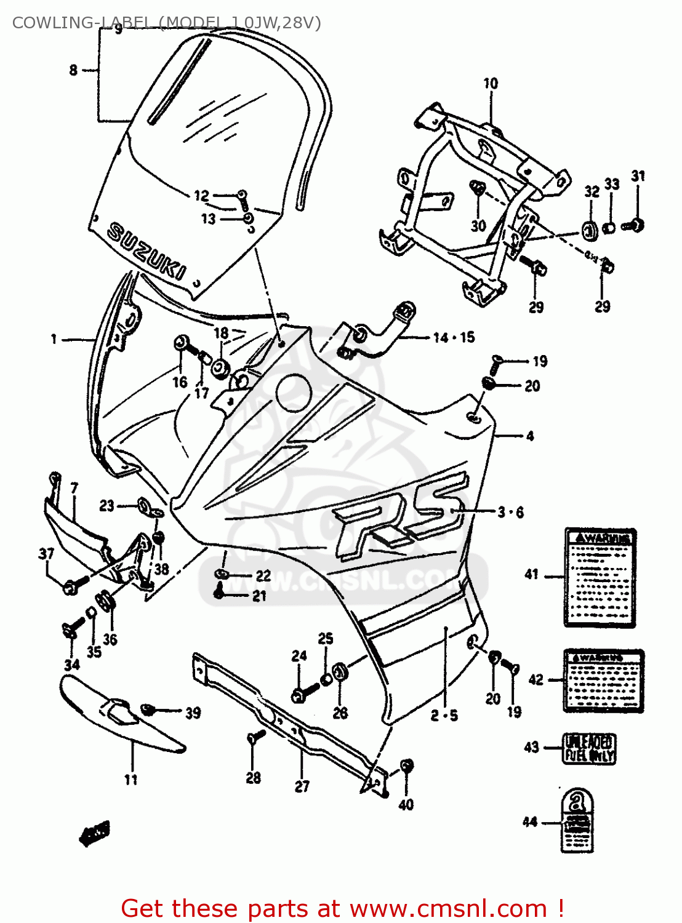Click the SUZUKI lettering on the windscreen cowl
(x=146, y=251)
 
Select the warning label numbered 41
(x=600, y=577)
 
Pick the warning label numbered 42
(x=603, y=681)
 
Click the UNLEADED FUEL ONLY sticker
(x=589, y=748)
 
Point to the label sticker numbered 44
(x=577, y=821)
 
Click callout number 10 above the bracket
(x=491, y=84)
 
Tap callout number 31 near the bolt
(x=638, y=177)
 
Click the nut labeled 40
(x=406, y=766)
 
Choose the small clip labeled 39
(x=148, y=709)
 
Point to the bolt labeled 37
(x=70, y=587)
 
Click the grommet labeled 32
(x=590, y=231)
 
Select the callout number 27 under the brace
(x=302, y=786)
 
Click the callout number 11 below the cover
(x=130, y=780)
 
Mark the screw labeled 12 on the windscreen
(x=242, y=196)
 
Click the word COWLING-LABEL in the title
(x=81, y=23)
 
